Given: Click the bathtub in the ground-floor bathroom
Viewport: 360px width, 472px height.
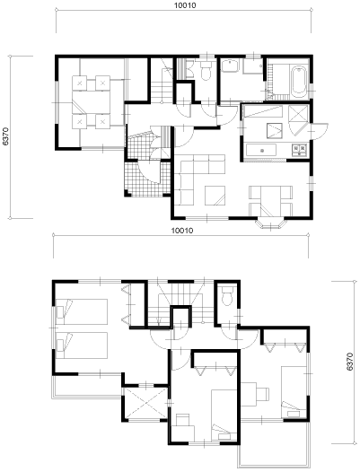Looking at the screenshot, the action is (x=299, y=81).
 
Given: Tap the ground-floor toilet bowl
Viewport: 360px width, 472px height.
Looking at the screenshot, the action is (x=206, y=72).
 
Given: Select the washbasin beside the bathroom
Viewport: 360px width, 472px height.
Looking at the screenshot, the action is (x=230, y=66).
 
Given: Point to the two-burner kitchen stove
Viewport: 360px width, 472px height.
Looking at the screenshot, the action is (x=299, y=150).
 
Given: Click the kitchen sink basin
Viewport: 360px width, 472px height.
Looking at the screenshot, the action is (x=261, y=150).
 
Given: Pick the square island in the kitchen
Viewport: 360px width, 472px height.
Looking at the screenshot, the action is (x=275, y=131).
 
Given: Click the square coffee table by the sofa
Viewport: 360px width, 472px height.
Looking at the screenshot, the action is (x=215, y=196).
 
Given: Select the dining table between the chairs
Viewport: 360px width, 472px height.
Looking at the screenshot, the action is (x=270, y=201).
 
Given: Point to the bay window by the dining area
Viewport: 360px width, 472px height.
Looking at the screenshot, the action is (x=270, y=224).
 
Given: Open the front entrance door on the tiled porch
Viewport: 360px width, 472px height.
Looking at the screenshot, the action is (x=148, y=172).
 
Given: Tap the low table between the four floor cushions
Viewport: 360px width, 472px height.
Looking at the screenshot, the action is (x=92, y=102).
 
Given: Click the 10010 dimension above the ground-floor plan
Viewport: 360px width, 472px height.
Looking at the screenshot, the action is (x=185, y=5).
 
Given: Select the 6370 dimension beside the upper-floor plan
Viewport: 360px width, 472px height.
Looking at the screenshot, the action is (x=350, y=362).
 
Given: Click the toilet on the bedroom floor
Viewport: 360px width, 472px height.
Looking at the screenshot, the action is (x=227, y=295).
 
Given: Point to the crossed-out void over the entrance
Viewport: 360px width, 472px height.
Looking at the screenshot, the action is (x=145, y=403).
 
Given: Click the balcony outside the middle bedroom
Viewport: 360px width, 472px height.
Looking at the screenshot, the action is (x=274, y=444).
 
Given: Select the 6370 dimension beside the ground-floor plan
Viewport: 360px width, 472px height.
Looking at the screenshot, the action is (x=5, y=136).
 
